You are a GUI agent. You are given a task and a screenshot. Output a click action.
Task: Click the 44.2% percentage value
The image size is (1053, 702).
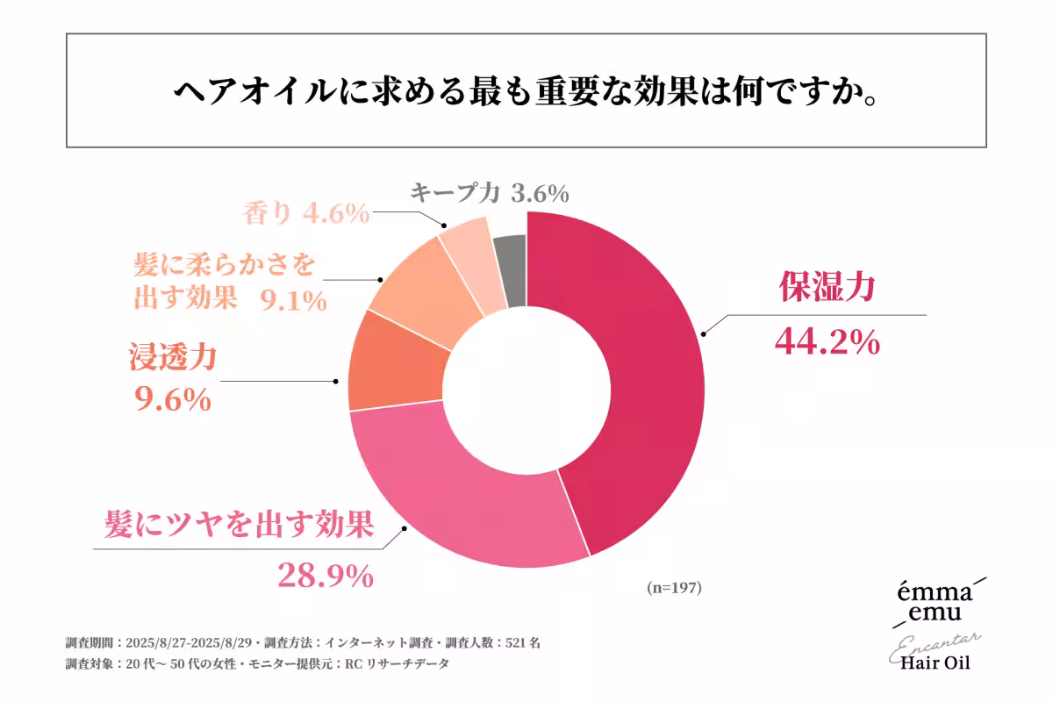click(x=827, y=342)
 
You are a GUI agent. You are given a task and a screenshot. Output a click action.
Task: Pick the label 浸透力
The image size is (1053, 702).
click(x=173, y=358)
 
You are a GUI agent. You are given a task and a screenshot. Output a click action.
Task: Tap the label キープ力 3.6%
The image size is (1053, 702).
click(x=490, y=191)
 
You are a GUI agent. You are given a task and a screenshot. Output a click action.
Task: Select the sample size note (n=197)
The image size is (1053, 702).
click(x=673, y=588)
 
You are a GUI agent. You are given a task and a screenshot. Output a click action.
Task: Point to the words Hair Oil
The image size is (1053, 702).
click(x=935, y=661)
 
